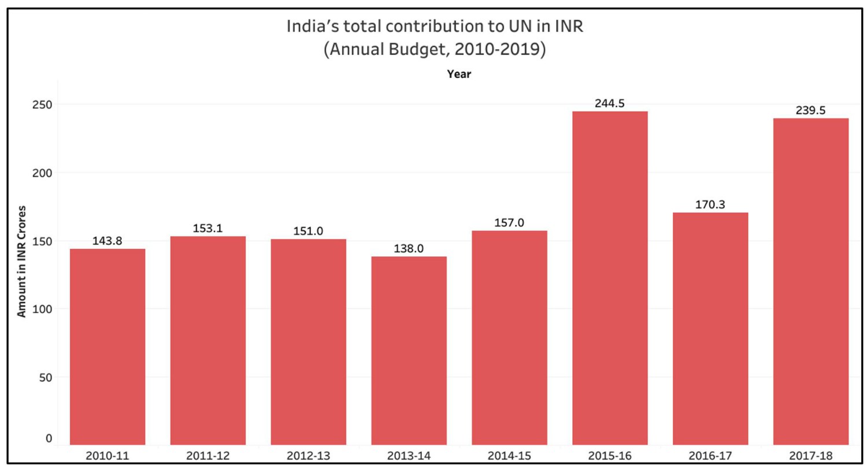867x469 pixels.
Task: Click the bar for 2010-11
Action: pyautogui.click(x=108, y=347)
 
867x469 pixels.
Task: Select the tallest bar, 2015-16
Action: pyautogui.click(x=610, y=277)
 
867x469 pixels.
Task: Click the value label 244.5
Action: pyautogui.click(x=610, y=104)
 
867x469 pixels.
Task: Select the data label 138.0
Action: pyautogui.click(x=409, y=249)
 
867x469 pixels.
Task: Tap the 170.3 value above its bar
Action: pyautogui.click(x=710, y=205)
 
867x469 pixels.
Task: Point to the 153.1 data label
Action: pyautogui.click(x=208, y=229)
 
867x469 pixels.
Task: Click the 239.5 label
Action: pyautogui.click(x=811, y=110)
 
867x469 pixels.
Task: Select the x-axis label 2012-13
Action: pyautogui.click(x=308, y=456)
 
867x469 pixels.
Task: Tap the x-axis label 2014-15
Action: pyautogui.click(x=509, y=456)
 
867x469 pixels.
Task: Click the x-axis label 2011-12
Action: pyautogui.click(x=208, y=456)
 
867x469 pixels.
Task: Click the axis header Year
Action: pyautogui.click(x=459, y=75)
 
